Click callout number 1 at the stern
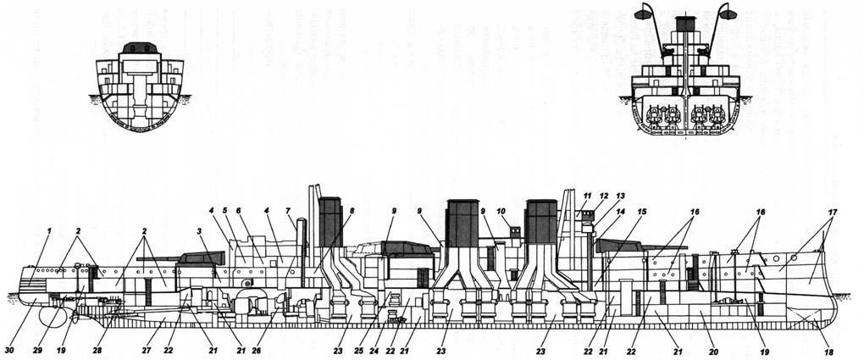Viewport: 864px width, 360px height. pyautogui.click(x=49, y=232)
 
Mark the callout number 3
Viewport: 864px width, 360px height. pyautogui.click(x=197, y=230)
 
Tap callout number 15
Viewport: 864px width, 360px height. pyautogui.click(x=641, y=212)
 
